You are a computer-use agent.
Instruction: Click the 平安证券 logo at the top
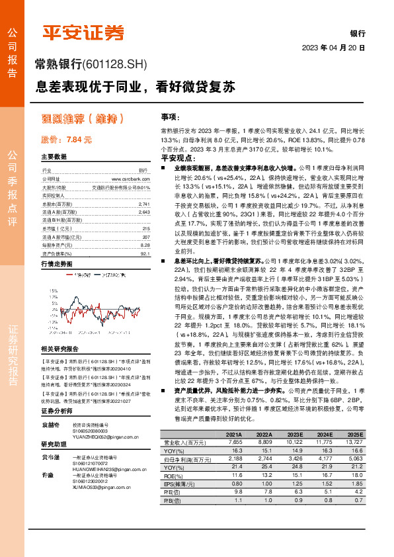coord(83,32)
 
